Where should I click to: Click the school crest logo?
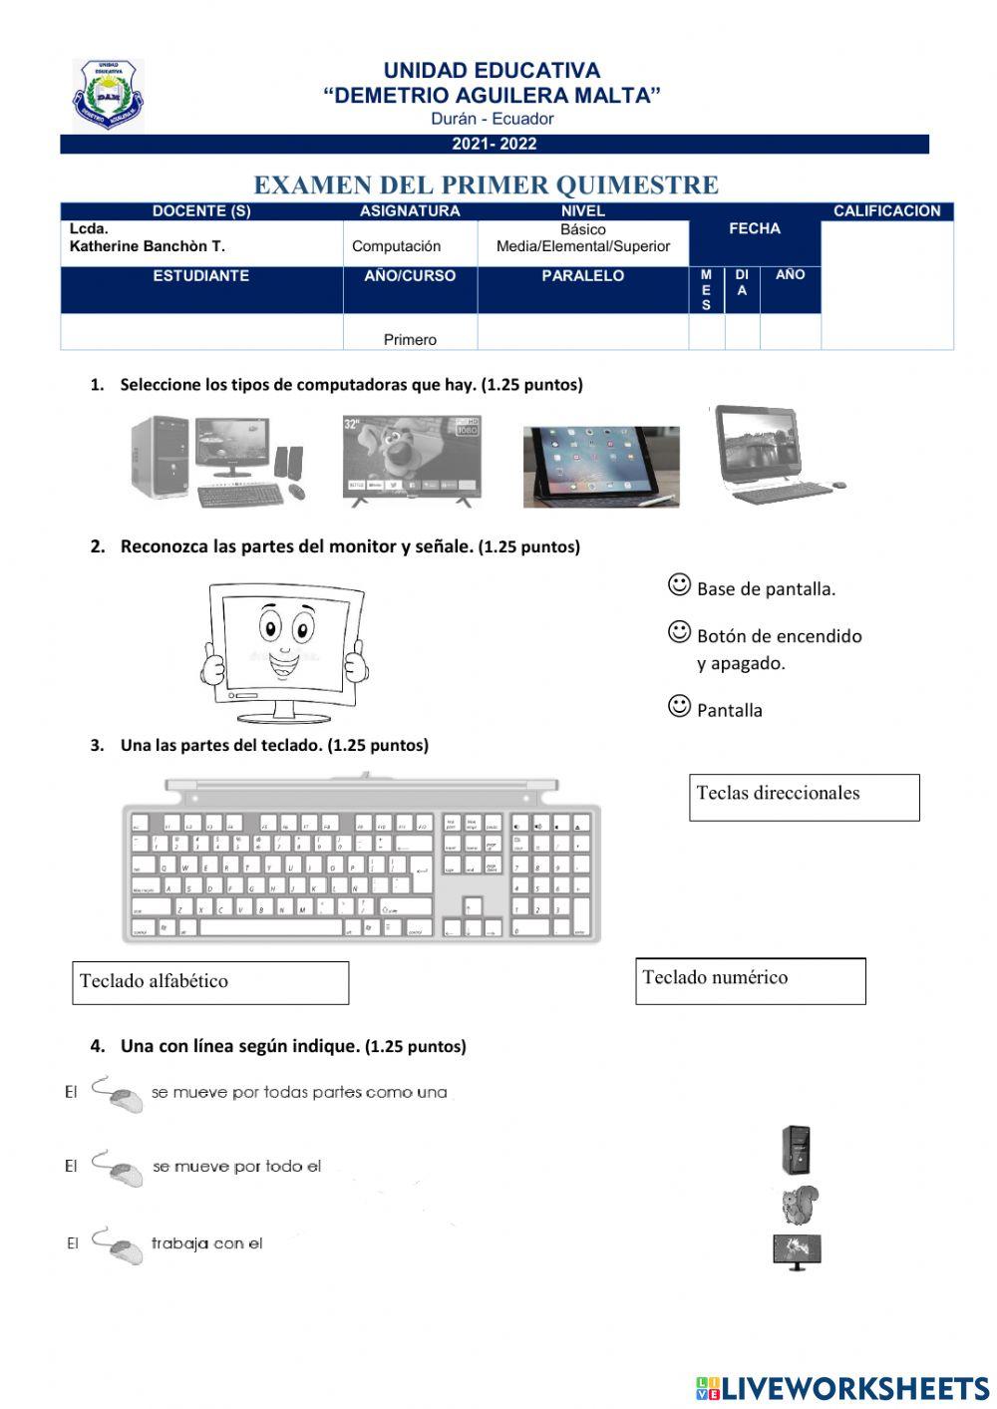point(108,95)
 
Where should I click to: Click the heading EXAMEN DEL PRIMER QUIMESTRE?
point(486,185)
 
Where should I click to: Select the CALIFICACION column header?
point(886,211)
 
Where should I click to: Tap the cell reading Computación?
point(396,246)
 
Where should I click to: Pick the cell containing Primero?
point(410,339)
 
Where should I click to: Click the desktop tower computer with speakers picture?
point(217,461)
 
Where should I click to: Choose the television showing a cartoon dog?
point(412,460)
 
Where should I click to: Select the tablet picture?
point(601,466)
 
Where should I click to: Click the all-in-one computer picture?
point(776,454)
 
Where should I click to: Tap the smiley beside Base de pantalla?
point(679,585)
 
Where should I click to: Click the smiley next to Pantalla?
point(679,707)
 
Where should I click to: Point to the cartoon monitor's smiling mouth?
point(283,661)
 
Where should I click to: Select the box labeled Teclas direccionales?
point(804,797)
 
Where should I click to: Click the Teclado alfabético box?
point(210,982)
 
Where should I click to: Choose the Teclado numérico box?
point(750,980)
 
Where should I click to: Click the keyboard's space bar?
point(271,927)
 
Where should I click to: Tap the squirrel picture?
point(800,1205)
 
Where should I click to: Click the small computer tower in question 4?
point(796,1150)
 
